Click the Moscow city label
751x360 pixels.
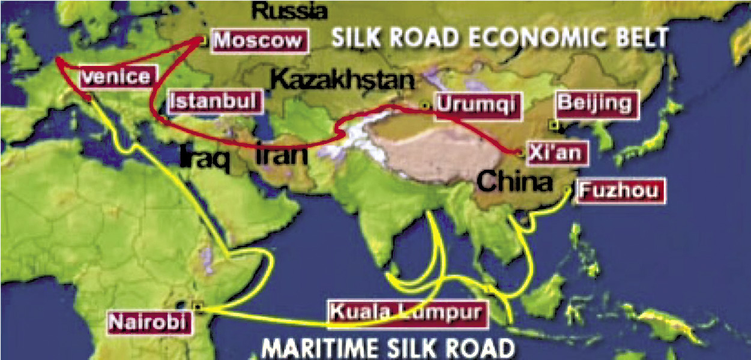click(258, 41)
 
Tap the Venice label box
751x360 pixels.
click(118, 77)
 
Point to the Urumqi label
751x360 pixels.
click(475, 106)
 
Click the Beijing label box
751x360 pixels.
click(595, 104)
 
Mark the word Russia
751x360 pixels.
click(289, 10)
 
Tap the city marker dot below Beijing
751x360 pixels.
click(553, 125)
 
